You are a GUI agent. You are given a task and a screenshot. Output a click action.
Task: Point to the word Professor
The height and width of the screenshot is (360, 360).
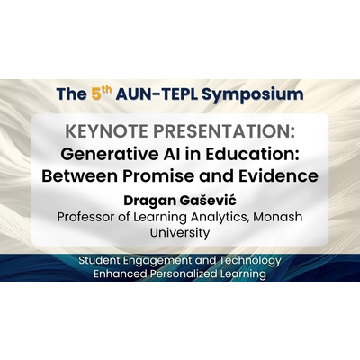click(x=90, y=217)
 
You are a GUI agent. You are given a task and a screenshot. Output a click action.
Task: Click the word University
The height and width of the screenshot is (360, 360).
click(x=179, y=233)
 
